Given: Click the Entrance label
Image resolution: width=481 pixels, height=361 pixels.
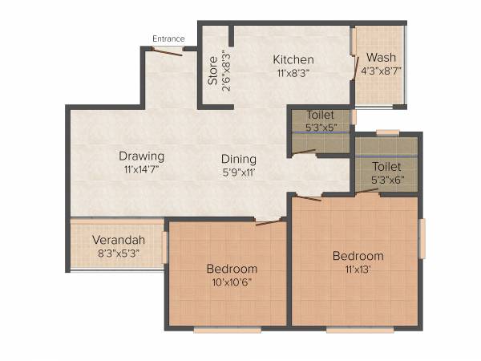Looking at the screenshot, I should [x=169, y=39].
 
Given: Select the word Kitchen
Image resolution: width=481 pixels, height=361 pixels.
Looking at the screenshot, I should [x=293, y=60].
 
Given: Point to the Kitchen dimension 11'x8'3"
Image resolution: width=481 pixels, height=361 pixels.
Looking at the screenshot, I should [x=293, y=72].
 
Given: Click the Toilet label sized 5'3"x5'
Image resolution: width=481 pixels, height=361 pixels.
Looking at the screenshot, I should [x=320, y=116].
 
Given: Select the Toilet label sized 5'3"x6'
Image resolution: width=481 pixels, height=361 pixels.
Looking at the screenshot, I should [x=386, y=166].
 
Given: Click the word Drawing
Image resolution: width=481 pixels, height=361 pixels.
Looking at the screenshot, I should [x=142, y=156].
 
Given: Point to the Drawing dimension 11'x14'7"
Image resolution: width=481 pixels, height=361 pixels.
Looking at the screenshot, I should [x=142, y=169].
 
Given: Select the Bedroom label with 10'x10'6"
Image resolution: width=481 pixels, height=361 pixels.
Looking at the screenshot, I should [x=232, y=268].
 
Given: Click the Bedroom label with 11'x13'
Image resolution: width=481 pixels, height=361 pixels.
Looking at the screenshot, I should [x=358, y=256].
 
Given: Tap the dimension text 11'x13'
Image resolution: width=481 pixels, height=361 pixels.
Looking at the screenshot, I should [x=358, y=270].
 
